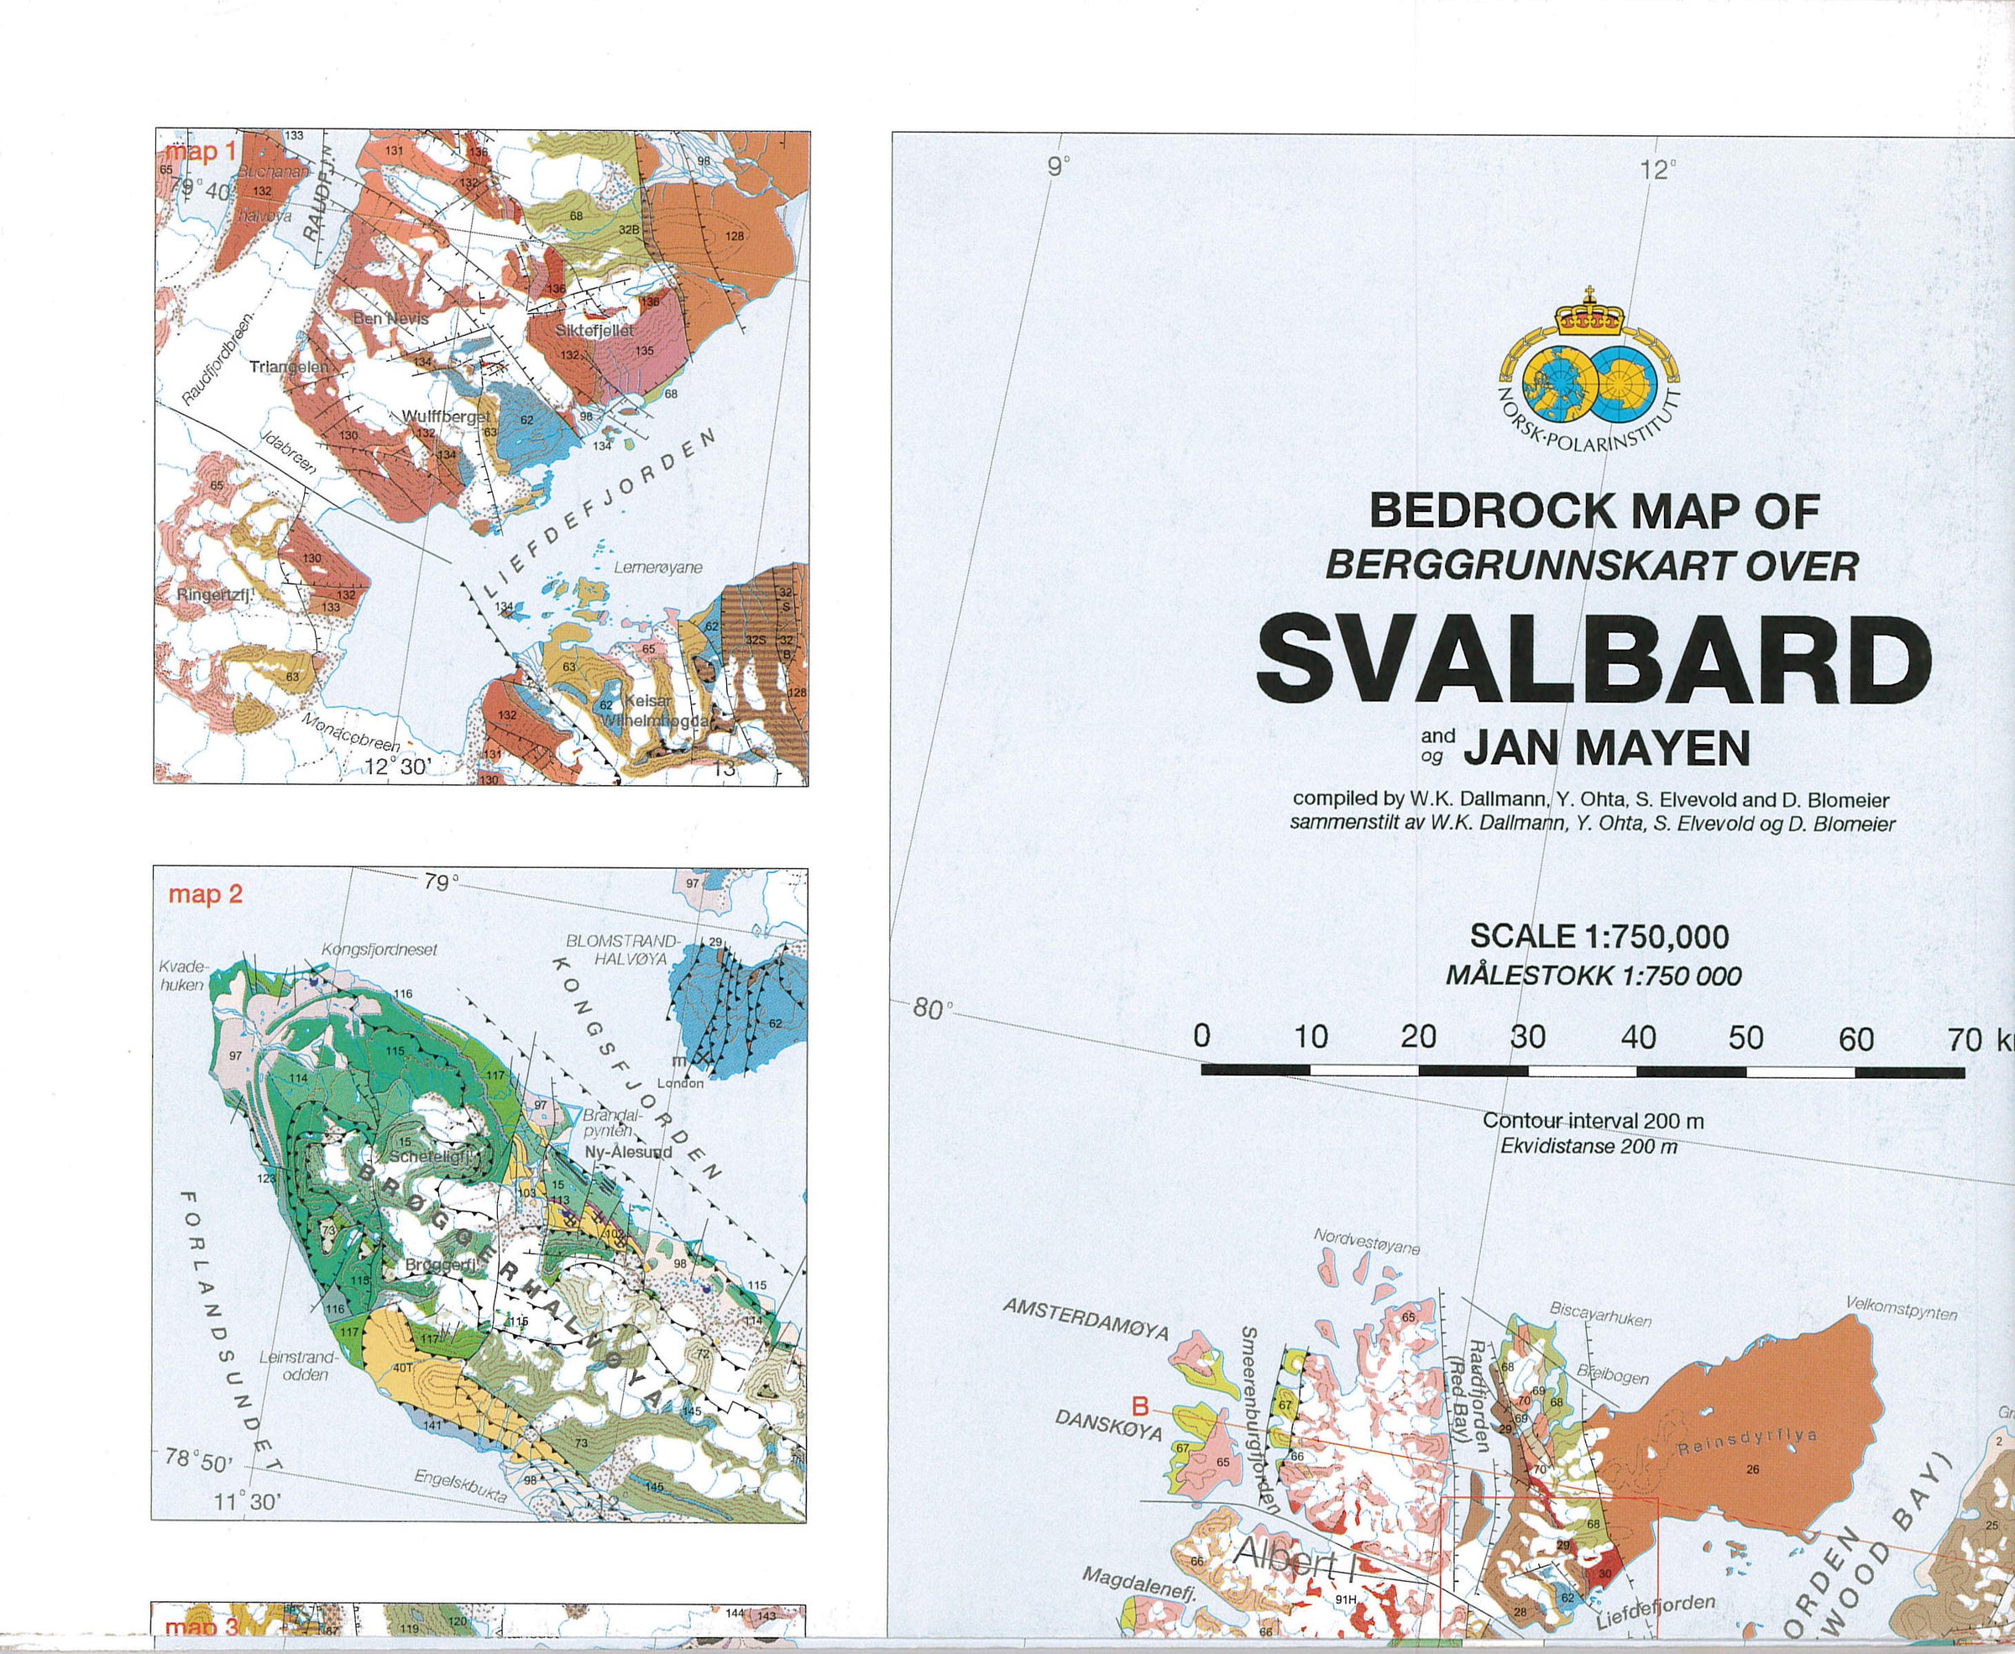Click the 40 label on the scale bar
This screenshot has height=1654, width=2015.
tap(1638, 1038)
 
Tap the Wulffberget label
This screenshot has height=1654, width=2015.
tap(446, 417)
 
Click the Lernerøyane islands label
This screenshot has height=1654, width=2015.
tap(657, 567)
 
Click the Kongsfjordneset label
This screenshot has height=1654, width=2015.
tap(365, 950)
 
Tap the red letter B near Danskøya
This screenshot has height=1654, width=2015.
tap(1138, 1405)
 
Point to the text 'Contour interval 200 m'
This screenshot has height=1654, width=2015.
tap(1593, 1123)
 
